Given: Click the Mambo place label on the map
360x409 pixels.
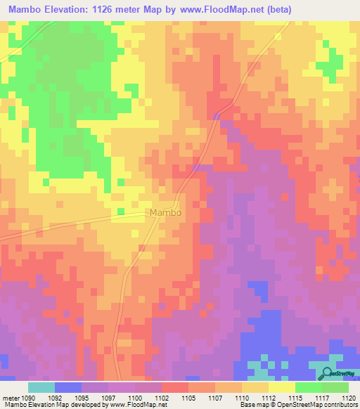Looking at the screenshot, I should coord(166,212).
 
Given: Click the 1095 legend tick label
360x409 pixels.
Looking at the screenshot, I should coord(88,398).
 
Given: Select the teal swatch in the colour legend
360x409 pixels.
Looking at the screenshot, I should coord(41,387).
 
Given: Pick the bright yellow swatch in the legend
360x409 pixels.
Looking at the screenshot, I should coord(281,387).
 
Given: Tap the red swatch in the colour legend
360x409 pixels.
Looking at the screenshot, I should coord(174,387).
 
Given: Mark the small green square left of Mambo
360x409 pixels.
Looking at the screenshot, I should coord(120,211).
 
